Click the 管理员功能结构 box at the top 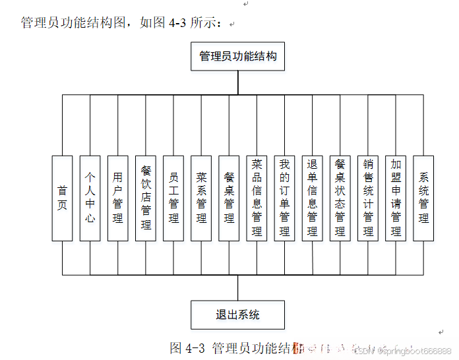click(238, 57)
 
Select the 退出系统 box click(238, 315)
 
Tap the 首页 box click(62, 198)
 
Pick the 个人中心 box click(90, 198)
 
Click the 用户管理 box click(117, 198)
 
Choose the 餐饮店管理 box click(146, 198)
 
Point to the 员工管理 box click(173, 198)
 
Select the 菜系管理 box click(201, 198)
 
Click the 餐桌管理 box click(229, 198)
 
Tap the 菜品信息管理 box click(257, 198)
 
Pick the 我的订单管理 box click(284, 198)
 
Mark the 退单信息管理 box click(312, 198)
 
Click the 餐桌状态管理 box click(340, 198)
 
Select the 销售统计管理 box click(368, 198)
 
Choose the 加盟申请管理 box click(396, 198)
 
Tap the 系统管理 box click(423, 198)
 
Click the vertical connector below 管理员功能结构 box click(238, 82)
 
